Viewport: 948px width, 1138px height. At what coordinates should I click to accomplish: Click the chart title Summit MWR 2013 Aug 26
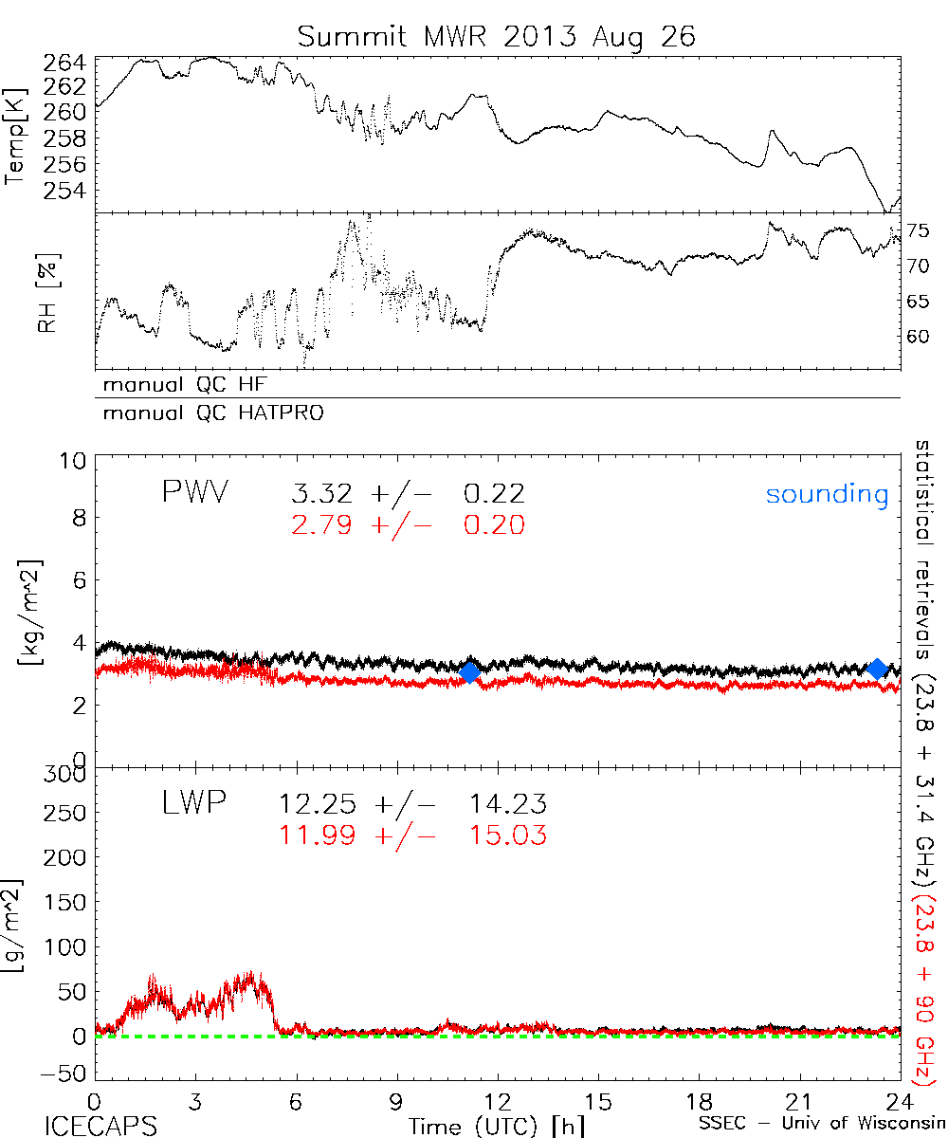[x=497, y=36]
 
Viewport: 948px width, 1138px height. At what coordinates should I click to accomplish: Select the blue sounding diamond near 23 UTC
[x=877, y=670]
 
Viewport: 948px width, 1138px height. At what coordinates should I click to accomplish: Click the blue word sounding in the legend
[x=827, y=494]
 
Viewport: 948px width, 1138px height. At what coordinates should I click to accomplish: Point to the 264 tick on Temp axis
[x=64, y=64]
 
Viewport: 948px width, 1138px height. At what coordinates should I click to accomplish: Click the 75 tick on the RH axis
[x=919, y=230]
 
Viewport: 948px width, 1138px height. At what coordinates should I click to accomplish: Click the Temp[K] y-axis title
[x=15, y=135]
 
